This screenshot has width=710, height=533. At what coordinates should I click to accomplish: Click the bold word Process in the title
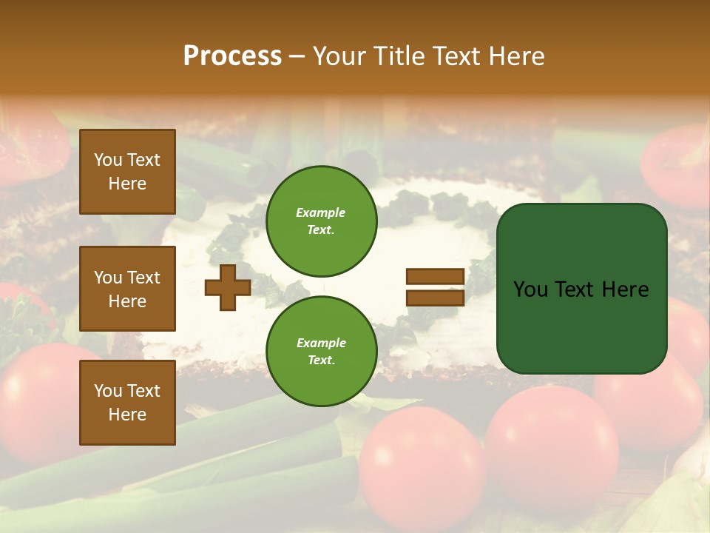[232, 56]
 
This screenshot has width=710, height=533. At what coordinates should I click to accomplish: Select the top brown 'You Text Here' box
[127, 172]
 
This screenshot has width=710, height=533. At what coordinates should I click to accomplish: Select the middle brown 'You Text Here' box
[127, 289]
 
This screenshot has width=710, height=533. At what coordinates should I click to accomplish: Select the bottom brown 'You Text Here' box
[127, 402]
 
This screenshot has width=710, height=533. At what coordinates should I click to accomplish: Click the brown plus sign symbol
[227, 287]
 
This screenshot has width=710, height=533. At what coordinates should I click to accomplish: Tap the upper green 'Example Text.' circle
[321, 221]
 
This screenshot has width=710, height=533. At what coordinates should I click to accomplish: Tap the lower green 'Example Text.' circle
[321, 351]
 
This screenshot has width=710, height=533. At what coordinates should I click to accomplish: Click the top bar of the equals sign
[435, 277]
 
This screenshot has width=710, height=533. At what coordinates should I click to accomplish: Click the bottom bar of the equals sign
[435, 298]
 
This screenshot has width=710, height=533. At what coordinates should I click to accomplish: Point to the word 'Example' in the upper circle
[321, 212]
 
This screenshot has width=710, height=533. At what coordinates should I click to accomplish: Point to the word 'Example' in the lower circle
[321, 343]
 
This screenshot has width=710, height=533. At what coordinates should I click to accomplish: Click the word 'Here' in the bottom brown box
[127, 415]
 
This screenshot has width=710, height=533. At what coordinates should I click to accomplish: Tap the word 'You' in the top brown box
[108, 160]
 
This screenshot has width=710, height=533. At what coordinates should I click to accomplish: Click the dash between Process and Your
[297, 56]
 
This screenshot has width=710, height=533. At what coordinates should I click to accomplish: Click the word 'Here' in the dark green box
[626, 289]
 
